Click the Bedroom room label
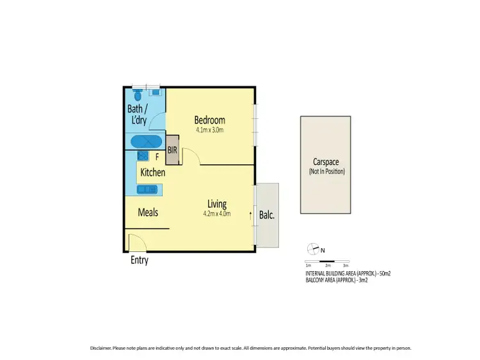click(x=209, y=120)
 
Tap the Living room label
click(x=218, y=204)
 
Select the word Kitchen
click(x=153, y=173)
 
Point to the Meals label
click(x=148, y=212)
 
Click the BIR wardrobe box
click(x=172, y=151)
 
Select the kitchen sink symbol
click(x=148, y=189)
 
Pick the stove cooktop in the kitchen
click(x=142, y=155)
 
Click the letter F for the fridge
click(x=156, y=156)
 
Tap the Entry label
click(x=139, y=260)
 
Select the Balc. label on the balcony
click(x=267, y=215)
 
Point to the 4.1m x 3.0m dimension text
click(x=210, y=130)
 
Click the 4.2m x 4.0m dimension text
click(x=218, y=214)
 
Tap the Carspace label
click(x=326, y=162)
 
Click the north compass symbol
click(x=312, y=249)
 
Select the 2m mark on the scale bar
click(x=327, y=265)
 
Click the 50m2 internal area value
click(x=385, y=274)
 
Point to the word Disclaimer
click(x=102, y=348)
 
